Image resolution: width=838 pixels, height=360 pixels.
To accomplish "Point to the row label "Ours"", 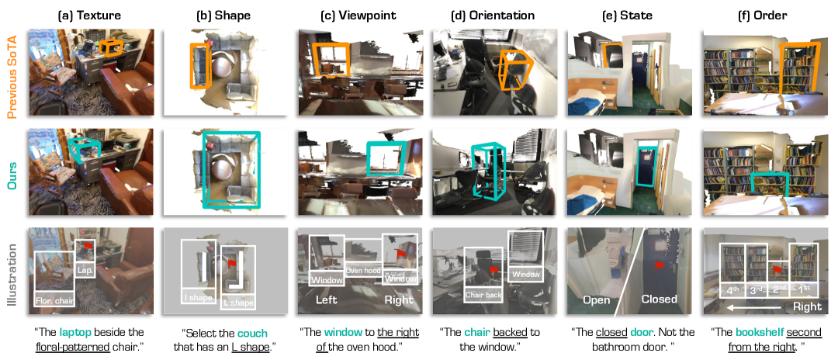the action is [x=12, y=171].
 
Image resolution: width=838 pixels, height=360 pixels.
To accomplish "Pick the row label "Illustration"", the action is [x=12, y=272].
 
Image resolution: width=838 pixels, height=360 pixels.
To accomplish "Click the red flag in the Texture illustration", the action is [x=88, y=246].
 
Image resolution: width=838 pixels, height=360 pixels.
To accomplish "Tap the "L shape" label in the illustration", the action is [x=237, y=303].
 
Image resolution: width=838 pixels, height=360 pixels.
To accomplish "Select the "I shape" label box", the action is [x=197, y=298].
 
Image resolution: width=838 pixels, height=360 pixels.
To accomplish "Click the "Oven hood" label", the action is [x=362, y=271].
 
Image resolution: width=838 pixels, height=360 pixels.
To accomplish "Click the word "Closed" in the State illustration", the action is [x=659, y=299].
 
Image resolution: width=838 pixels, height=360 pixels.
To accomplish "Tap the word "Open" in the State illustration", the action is [x=597, y=299].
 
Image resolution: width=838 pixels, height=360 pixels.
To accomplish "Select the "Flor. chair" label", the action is [x=54, y=301].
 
